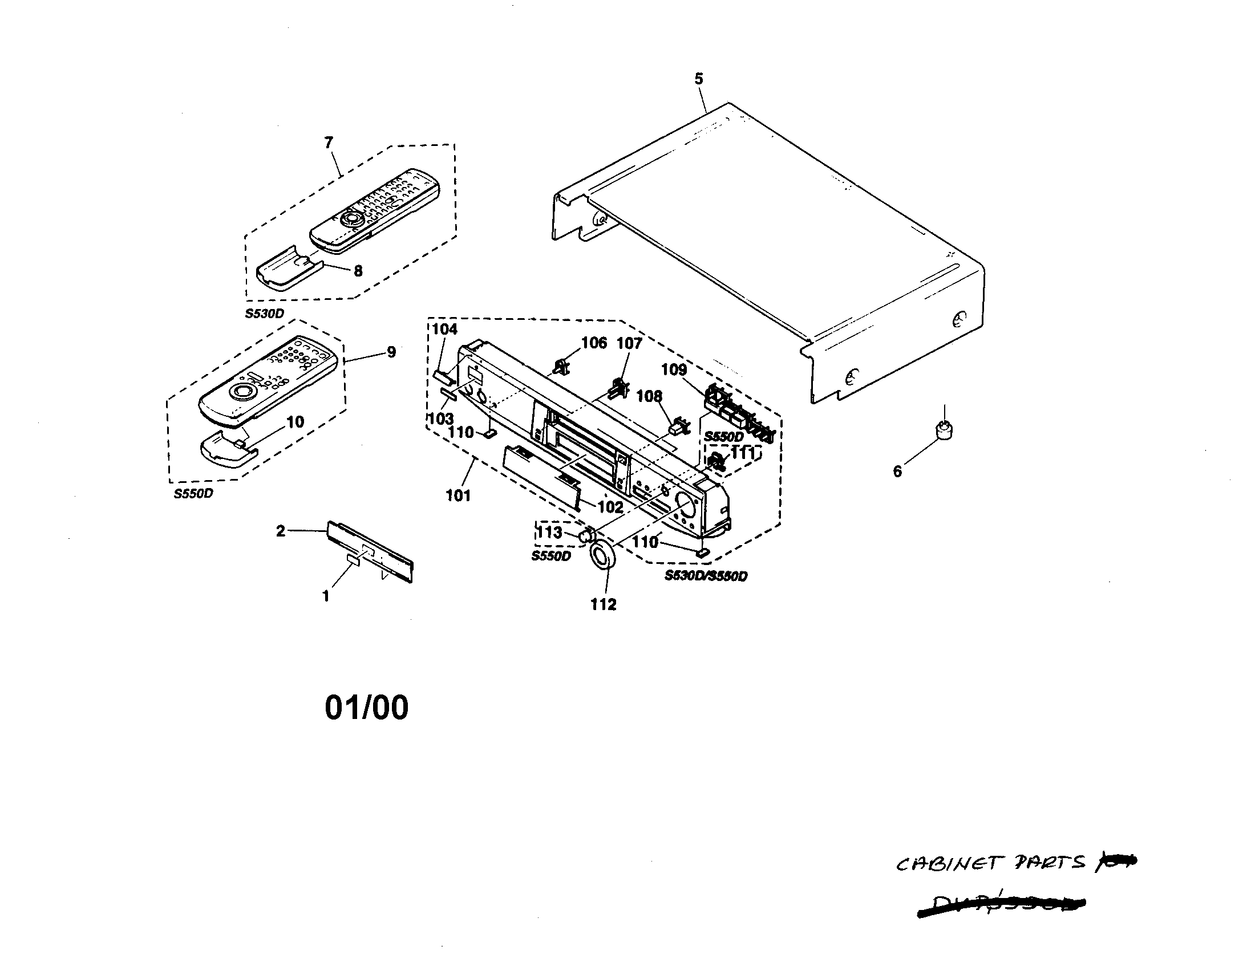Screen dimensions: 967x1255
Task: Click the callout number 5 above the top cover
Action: coord(698,79)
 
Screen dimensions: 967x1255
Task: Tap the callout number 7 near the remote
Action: coord(329,143)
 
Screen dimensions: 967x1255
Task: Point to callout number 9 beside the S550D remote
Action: coord(391,352)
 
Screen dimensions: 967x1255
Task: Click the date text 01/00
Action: coord(367,708)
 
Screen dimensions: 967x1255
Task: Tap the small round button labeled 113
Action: coord(585,535)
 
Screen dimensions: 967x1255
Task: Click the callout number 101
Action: coord(458,495)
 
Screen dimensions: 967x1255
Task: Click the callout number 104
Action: coord(445,329)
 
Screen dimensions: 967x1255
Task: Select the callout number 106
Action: coord(594,343)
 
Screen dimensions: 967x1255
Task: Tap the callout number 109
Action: coord(674,369)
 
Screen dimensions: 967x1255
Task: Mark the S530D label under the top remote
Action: coord(264,314)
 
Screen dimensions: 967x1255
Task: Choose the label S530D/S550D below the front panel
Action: coord(706,576)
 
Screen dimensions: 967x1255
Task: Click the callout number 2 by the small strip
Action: coord(281,531)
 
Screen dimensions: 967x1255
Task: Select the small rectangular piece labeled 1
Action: coord(352,560)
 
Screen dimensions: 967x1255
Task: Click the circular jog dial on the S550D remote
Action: coord(241,393)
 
